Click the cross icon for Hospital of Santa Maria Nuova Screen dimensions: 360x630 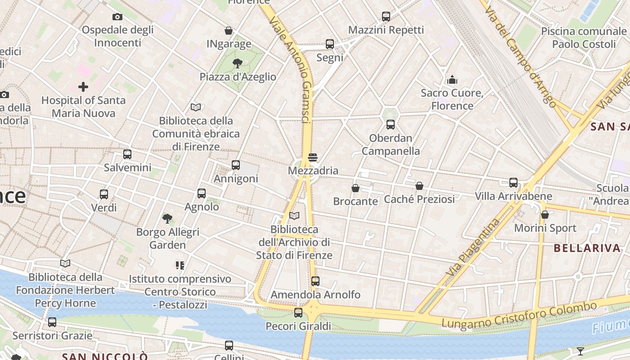[x=83, y=86]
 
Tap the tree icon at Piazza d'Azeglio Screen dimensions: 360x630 [x=238, y=63]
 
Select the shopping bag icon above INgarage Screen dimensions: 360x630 [x=229, y=31]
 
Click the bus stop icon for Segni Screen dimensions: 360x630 [x=330, y=44]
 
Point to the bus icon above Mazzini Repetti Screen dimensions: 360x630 [x=386, y=17]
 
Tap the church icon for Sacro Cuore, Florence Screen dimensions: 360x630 [x=452, y=80]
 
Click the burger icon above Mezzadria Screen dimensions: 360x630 [x=313, y=157]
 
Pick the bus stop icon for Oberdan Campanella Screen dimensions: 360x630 [x=391, y=125]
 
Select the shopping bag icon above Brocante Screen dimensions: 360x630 [x=355, y=188]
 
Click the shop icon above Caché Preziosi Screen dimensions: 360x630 [x=419, y=185]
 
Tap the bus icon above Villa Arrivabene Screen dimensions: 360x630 [x=513, y=183]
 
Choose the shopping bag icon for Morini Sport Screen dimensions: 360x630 [x=545, y=215]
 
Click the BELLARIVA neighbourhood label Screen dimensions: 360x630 [x=587, y=247]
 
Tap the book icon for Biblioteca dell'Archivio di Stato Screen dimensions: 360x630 [x=294, y=216]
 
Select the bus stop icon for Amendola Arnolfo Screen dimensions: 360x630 [x=315, y=281]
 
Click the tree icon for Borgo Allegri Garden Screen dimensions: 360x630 [x=167, y=219]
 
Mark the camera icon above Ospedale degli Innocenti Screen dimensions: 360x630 [x=117, y=17]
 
